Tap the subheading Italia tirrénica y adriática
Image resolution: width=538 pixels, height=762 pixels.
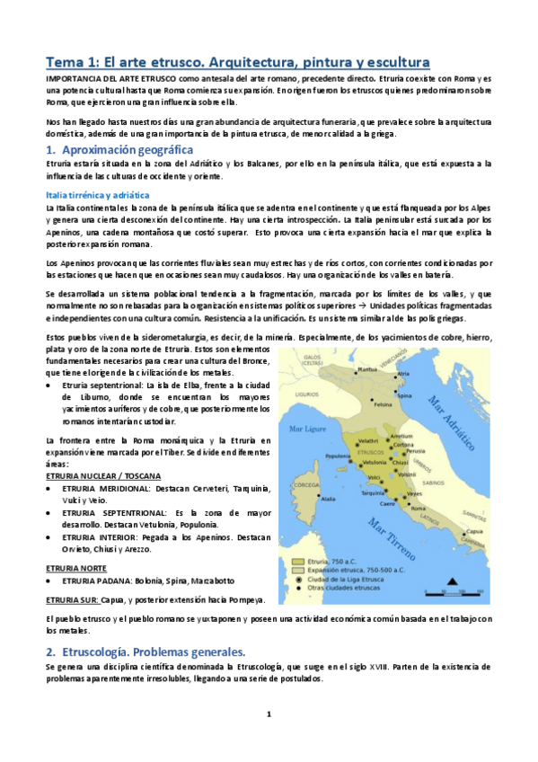pos(99,195)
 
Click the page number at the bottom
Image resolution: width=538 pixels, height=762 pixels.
pos(268,715)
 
